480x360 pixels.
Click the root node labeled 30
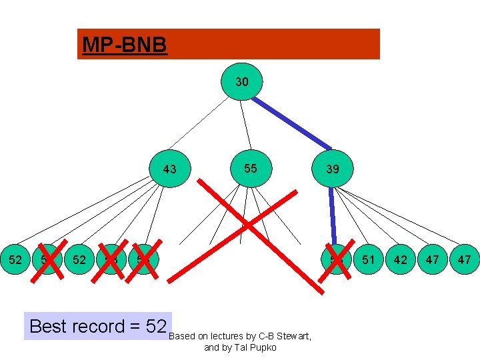click(242, 82)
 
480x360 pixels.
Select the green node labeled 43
click(170, 169)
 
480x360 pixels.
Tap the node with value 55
click(250, 168)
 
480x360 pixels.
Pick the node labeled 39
click(333, 169)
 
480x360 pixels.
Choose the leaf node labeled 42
click(400, 259)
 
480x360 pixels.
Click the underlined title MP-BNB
click(124, 45)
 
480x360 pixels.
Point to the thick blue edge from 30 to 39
click(292, 122)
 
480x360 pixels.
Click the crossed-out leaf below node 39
click(337, 259)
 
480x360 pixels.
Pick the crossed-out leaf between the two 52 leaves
click(47, 259)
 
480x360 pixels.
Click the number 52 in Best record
click(155, 326)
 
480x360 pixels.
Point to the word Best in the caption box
click(48, 326)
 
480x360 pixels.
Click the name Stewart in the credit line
click(294, 336)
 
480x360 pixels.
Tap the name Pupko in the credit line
click(263, 347)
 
